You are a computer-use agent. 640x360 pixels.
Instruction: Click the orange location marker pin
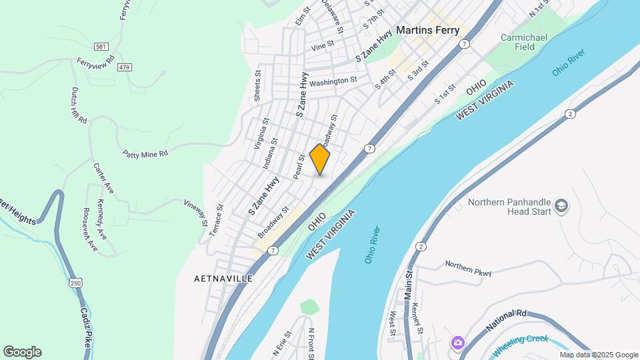[x=320, y=159]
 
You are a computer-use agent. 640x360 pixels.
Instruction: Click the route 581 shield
[x=101, y=46]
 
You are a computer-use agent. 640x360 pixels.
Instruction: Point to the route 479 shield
[x=124, y=67]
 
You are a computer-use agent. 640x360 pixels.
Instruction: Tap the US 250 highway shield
[x=75, y=283]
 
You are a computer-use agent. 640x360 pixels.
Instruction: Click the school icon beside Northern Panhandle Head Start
[x=561, y=205]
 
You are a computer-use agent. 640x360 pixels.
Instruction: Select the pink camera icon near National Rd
[x=457, y=343]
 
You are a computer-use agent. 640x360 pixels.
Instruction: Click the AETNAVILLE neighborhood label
[x=223, y=278]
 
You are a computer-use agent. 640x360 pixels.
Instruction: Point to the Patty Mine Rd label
[x=145, y=153]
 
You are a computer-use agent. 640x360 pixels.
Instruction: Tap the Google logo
[x=22, y=352]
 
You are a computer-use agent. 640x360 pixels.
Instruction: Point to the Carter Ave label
[x=103, y=178]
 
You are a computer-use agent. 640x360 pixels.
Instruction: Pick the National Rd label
[x=506, y=321]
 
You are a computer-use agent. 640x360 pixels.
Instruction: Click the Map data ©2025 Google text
[x=599, y=355]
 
